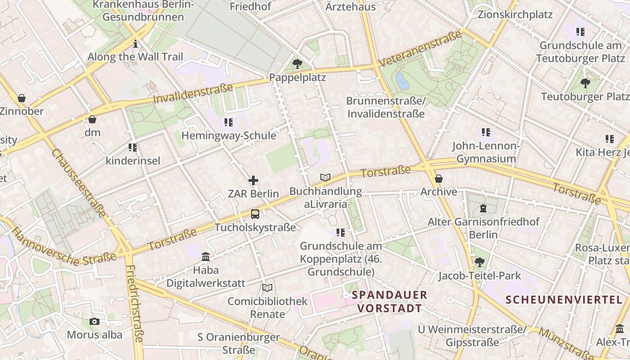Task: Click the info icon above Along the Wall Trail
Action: pyautogui.click(x=135, y=44)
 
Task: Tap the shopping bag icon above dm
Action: pyautogui.click(x=92, y=119)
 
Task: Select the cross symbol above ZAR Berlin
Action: pyautogui.click(x=253, y=181)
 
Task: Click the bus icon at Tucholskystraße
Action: pyautogui.click(x=255, y=214)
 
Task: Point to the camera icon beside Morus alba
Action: pyautogui.click(x=94, y=321)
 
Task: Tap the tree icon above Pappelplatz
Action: pyautogui.click(x=297, y=64)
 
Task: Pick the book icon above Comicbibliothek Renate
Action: pyautogui.click(x=267, y=288)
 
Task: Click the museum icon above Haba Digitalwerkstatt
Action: pyautogui.click(x=206, y=256)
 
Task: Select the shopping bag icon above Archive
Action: pyautogui.click(x=439, y=179)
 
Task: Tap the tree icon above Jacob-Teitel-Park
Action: pyautogui.click(x=480, y=262)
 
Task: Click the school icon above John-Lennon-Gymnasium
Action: pyautogui.click(x=486, y=132)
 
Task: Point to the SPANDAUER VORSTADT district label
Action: pyautogui.click(x=389, y=301)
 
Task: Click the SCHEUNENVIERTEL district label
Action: pyautogui.click(x=564, y=300)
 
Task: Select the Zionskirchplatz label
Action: pyautogui.click(x=515, y=14)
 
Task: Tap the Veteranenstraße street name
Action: pyautogui.click(x=420, y=49)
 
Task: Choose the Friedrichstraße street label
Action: pyautogui.click(x=135, y=304)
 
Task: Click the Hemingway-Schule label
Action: pyautogui.click(x=229, y=135)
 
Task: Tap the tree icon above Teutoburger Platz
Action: pyautogui.click(x=585, y=83)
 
